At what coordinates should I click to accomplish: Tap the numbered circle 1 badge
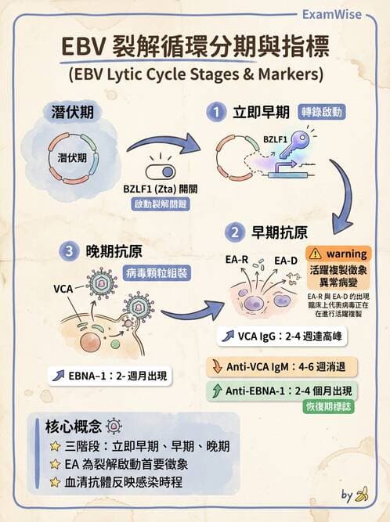(x=217, y=113)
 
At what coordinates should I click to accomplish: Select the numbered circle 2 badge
(x=234, y=232)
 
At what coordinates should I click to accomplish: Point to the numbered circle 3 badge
(x=70, y=251)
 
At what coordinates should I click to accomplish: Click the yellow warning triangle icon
(x=315, y=254)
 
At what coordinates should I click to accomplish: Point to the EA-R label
(x=237, y=260)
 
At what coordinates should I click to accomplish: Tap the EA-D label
(x=286, y=260)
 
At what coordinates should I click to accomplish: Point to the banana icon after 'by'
(x=362, y=494)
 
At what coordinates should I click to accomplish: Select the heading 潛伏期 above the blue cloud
(x=72, y=112)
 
